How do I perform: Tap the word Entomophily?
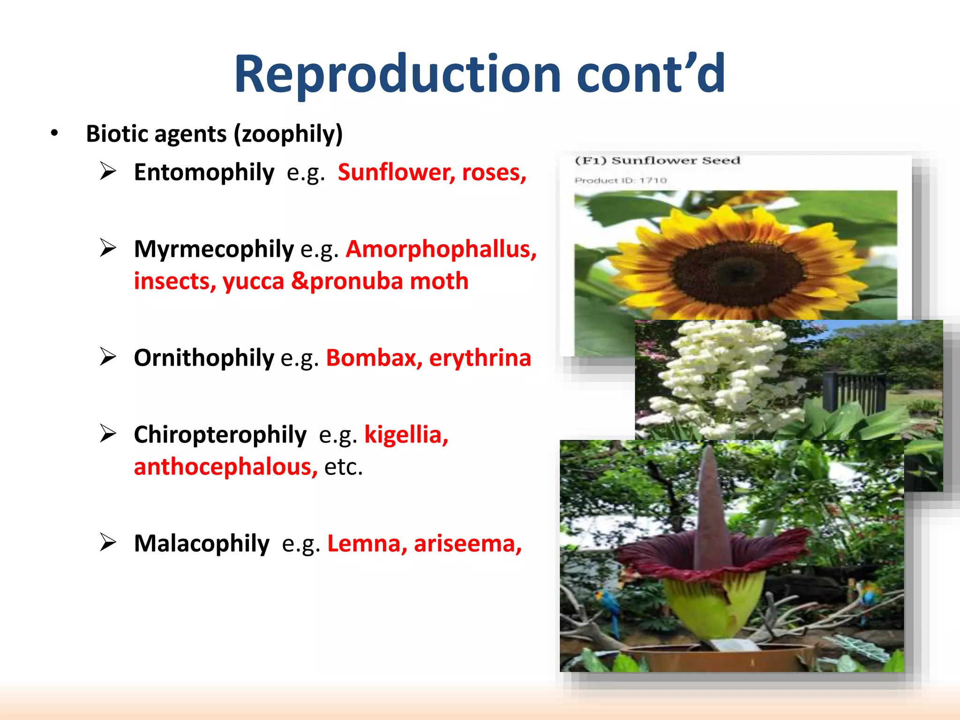pyautogui.click(x=204, y=172)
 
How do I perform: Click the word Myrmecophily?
pyautogui.click(x=214, y=249)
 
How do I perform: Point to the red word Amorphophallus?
pyautogui.click(x=441, y=249)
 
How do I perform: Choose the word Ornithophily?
pyautogui.click(x=204, y=358)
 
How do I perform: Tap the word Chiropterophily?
pyautogui.click(x=220, y=435)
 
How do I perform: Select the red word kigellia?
pyautogui.click(x=406, y=435)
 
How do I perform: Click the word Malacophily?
pyautogui.click(x=202, y=544)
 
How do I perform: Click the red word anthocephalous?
pyautogui.click(x=225, y=467)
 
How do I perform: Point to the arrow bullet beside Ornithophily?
pyautogui.click(x=108, y=357)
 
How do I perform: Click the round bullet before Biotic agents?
pyautogui.click(x=55, y=134)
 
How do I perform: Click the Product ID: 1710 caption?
pyautogui.click(x=621, y=180)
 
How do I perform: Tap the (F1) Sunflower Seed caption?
pyautogui.click(x=657, y=161)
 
